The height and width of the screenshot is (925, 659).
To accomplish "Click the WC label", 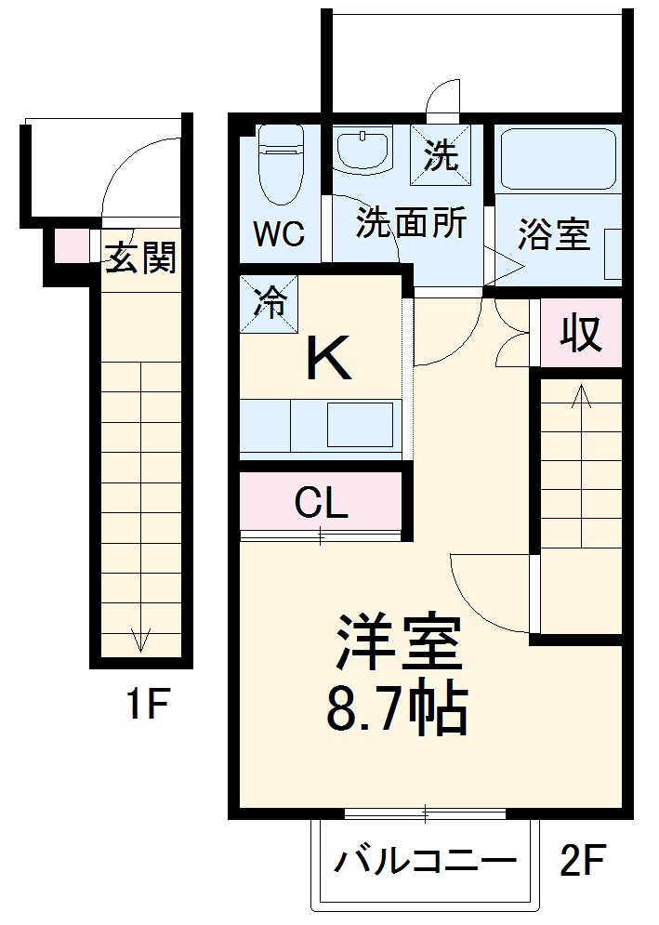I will coord(280,234).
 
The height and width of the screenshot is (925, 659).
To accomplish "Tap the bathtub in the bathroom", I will coord(559,158).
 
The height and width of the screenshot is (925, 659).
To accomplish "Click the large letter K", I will coord(329,359).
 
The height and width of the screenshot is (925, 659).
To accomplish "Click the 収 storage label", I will coord(580,332).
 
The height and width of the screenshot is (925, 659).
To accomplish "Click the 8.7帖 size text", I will coord(395,711).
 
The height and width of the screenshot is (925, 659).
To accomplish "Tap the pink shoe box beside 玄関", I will coord(67,245).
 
